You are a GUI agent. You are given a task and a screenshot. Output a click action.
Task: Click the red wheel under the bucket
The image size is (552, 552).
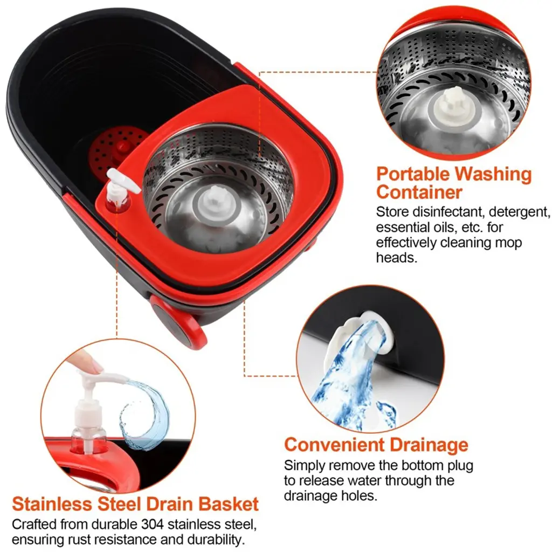coord(178,322)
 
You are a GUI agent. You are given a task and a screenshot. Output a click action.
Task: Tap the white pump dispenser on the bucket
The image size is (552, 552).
coord(120,188)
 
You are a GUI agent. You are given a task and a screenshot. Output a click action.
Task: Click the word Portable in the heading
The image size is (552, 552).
coord(413,175)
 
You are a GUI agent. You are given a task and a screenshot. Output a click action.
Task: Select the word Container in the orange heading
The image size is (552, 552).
coord(419,192)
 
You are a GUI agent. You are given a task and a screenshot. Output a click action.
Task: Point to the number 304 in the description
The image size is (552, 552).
coord(153,524)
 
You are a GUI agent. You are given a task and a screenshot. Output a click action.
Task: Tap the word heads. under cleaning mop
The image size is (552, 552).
coord(396,258)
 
